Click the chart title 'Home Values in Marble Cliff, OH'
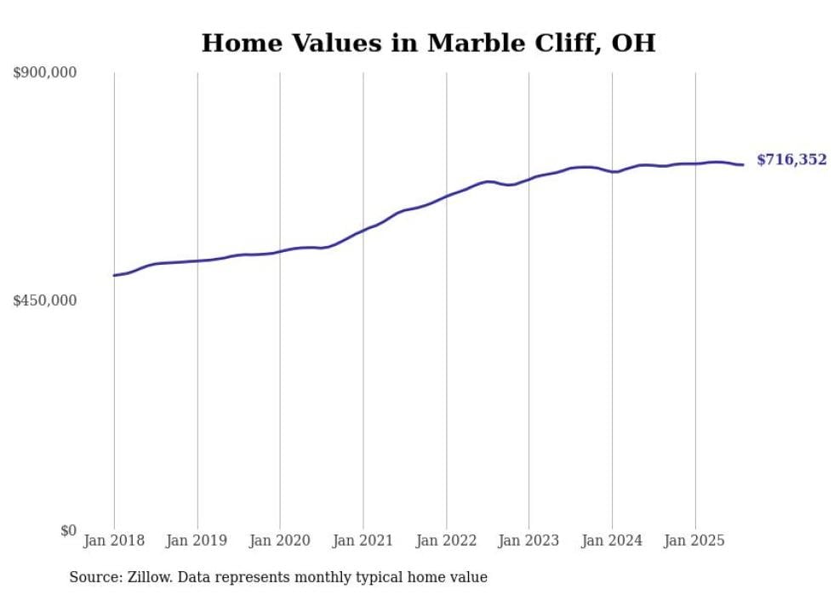pyautogui.click(x=428, y=43)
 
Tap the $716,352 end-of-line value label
pyautogui.click(x=791, y=160)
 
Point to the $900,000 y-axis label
pyautogui.click(x=45, y=73)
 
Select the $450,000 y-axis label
pyautogui.click(x=45, y=300)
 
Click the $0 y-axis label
pyautogui.click(x=68, y=530)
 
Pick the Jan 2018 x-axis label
pyautogui.click(x=114, y=541)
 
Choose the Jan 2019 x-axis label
pyautogui.click(x=197, y=541)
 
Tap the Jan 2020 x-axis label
pyautogui.click(x=280, y=541)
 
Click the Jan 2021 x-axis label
pyautogui.click(x=363, y=541)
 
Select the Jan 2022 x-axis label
pyautogui.click(x=446, y=541)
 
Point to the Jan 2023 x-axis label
pyautogui.click(x=529, y=541)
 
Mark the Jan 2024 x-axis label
pyautogui.click(x=612, y=541)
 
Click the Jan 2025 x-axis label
pyautogui.click(x=695, y=541)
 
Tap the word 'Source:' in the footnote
pyautogui.click(x=94, y=577)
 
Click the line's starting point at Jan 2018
pyautogui.click(x=114, y=275)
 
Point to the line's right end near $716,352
pyautogui.click(x=744, y=164)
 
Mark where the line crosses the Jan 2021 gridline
pyautogui.click(x=363, y=230)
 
